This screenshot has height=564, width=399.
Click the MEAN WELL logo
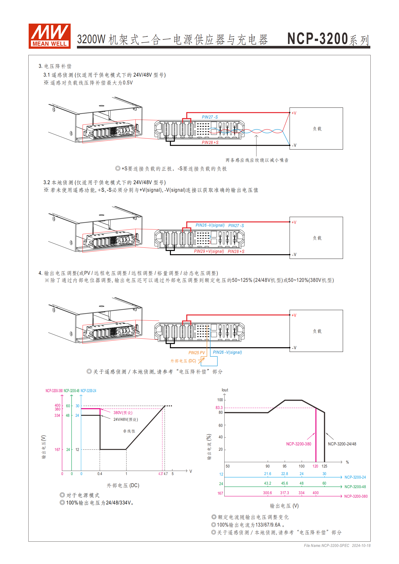click(x=50, y=36)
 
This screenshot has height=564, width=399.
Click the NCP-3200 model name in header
click(x=318, y=39)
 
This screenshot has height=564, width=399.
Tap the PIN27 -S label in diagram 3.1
click(x=210, y=117)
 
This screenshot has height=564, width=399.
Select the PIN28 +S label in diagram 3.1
click(x=210, y=142)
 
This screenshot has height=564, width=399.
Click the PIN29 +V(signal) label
click(x=209, y=251)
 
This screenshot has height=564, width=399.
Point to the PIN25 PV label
click(x=197, y=353)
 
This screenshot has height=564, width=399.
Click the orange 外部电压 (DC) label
click(x=183, y=361)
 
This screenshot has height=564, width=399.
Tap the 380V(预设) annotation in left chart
click(x=123, y=413)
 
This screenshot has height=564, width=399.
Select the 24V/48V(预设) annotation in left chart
click(x=125, y=419)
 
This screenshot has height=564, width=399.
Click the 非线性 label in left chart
click(x=129, y=431)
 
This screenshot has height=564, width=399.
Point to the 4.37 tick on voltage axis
click(x=161, y=474)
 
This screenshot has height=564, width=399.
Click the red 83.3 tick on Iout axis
click(x=219, y=407)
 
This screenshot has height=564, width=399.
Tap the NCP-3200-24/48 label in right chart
click(x=342, y=444)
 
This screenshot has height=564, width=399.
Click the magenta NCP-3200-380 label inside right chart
click(x=298, y=444)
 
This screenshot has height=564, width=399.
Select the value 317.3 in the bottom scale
click(x=284, y=493)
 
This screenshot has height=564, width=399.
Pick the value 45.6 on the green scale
click(x=284, y=483)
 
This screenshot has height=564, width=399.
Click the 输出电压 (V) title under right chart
click(x=284, y=506)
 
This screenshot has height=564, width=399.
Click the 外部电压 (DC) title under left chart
click(x=123, y=485)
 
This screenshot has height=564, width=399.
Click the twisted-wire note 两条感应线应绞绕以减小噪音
click(x=257, y=160)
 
